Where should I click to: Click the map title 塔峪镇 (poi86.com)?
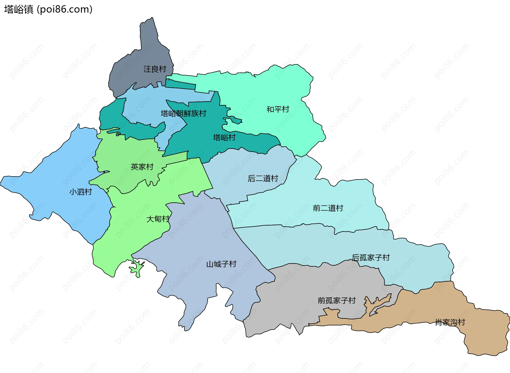tap(48, 9)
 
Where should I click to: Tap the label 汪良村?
tap(155, 69)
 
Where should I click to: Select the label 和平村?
tap(278, 109)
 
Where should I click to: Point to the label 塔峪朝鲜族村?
tap(183, 114)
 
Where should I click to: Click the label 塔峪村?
tap(224, 138)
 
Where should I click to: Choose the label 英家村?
tap(142, 167)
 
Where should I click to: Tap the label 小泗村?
tap(80, 192)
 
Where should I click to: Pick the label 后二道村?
tap(263, 179)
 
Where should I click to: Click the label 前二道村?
tap(328, 208)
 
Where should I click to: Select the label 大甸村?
tap(158, 219)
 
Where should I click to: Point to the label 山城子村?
tap(221, 264)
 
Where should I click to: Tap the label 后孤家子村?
tap(371, 258)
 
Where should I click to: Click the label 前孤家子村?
tap(337, 301)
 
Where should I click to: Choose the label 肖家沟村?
tap(450, 323)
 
